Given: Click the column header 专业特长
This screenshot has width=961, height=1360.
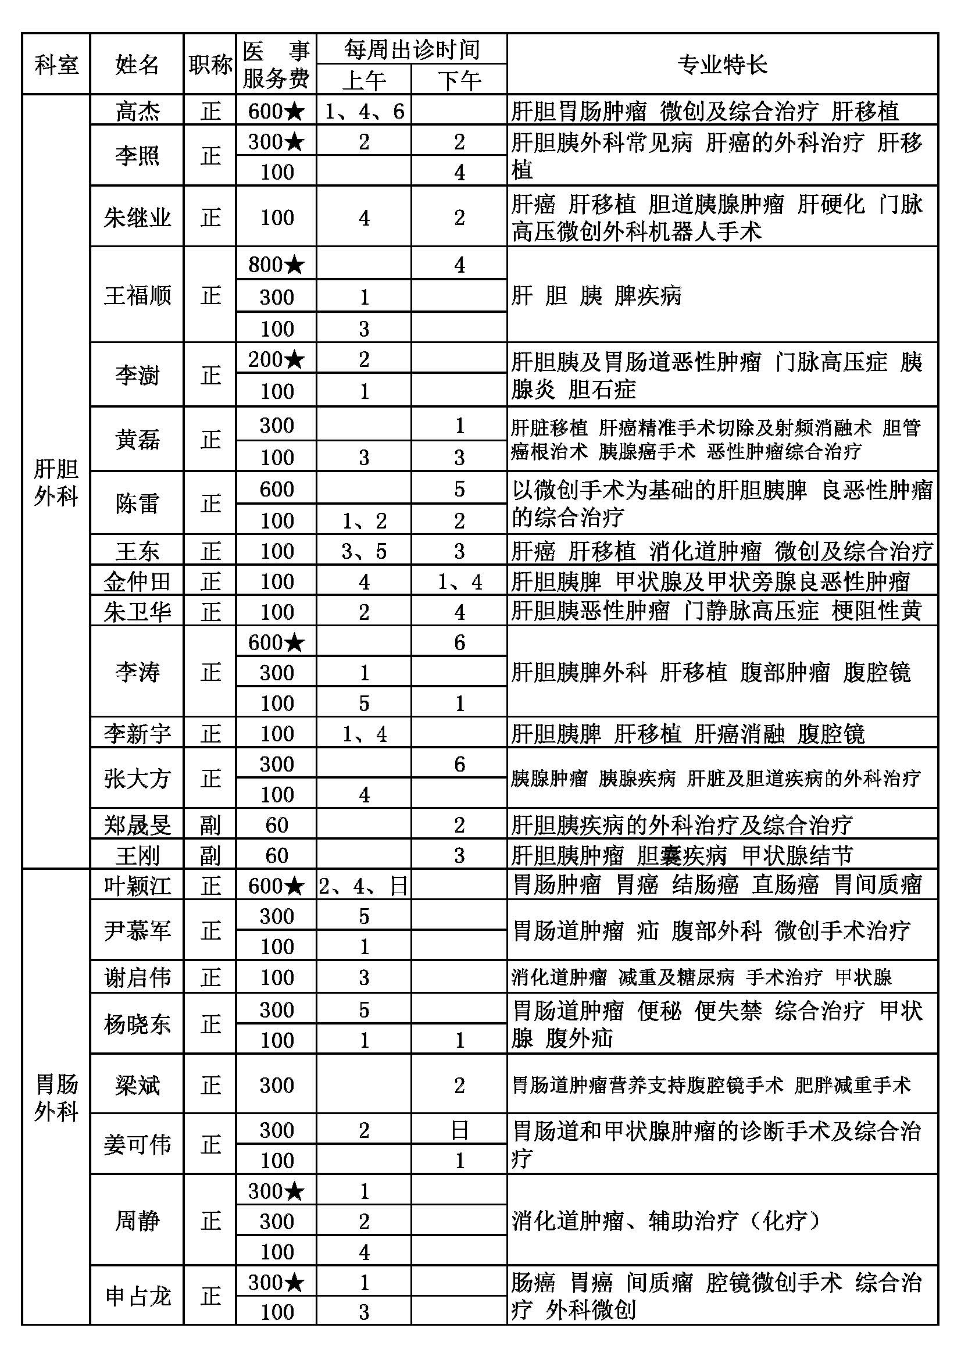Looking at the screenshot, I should coord(722,64).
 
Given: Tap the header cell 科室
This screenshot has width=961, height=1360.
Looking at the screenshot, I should coord(56,64).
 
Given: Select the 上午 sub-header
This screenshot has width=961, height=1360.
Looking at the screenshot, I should coord(363,80).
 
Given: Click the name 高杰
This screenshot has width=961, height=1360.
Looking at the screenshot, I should coord(137,111).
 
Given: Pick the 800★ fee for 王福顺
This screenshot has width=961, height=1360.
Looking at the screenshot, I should coord(276,264).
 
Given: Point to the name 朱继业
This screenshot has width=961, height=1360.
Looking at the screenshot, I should coord(137,217).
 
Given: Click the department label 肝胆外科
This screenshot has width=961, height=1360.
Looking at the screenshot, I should coord(56,482).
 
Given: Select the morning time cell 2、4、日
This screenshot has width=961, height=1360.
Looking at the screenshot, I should coord(363,886).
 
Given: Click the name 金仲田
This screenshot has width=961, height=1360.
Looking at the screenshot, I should coord(137,581).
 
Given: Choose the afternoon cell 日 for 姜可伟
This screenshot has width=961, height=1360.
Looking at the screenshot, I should coord(459,1130).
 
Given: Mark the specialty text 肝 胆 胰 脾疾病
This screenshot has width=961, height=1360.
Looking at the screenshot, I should coord(596,295).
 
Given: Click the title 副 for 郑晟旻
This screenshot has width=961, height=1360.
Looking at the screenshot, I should coord(210,824).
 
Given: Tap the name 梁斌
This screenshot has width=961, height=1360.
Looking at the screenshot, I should coord(137,1085).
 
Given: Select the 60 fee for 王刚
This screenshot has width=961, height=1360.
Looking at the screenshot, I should coord(276,855).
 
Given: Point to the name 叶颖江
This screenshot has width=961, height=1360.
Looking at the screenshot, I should coord(137,886).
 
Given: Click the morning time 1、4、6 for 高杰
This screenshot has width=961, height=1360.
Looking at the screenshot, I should coord(363,111).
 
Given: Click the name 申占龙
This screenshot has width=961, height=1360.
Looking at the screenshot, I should coord(137,1297).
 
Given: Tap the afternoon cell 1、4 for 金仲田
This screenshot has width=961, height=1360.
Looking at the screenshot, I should coord(459,581).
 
